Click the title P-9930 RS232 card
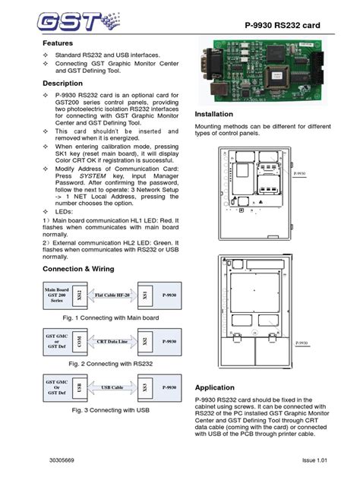[283, 26]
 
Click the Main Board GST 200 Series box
[58, 295]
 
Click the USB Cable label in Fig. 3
[112, 387]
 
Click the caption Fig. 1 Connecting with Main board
[111, 317]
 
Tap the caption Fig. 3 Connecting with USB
[111, 410]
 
